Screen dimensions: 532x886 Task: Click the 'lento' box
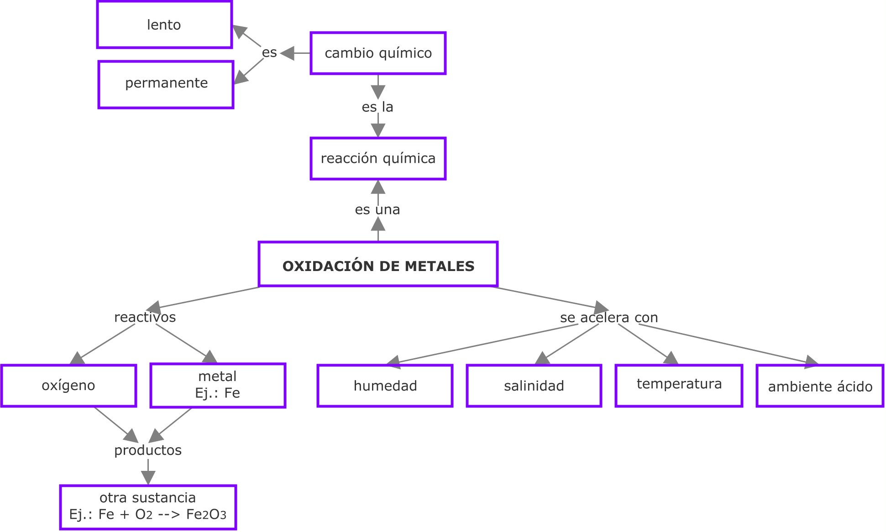[x=164, y=25]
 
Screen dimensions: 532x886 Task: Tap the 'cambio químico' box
[x=378, y=53]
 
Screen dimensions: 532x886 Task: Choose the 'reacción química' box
[x=378, y=158]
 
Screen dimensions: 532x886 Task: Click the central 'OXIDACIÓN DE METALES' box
[x=378, y=264]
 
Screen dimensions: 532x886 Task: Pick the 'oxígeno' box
[x=68, y=386]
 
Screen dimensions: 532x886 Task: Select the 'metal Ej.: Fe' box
[x=218, y=385]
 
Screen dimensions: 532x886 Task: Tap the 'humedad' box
[x=385, y=386]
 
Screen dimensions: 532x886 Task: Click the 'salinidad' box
[x=534, y=386]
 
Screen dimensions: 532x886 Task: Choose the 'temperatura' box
[x=679, y=385]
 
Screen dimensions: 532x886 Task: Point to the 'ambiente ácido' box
[x=820, y=386]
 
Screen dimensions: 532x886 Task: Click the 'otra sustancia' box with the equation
[x=148, y=507]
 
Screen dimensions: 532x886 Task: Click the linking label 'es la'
[x=377, y=107]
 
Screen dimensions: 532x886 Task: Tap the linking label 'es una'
[x=377, y=209]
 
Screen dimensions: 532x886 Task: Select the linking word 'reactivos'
[x=145, y=317]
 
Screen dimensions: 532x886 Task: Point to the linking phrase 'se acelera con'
[x=609, y=317]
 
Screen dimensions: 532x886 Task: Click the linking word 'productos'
[x=148, y=450]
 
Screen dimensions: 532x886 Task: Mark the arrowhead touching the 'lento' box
[x=239, y=31]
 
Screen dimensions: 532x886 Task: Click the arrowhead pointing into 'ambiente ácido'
[x=811, y=362]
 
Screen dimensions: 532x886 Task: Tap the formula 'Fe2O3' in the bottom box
[x=206, y=515]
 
